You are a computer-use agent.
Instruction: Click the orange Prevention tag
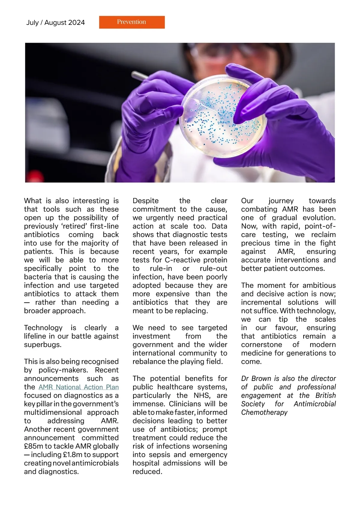click(x=132, y=22)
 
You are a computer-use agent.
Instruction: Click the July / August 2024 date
click(x=55, y=23)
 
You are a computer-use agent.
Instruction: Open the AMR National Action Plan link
click(x=79, y=387)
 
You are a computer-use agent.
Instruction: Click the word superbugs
click(x=43, y=345)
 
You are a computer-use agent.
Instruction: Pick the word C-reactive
click(x=183, y=260)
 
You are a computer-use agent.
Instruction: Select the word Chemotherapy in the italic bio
click(x=264, y=412)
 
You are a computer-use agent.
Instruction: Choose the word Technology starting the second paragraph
click(x=43, y=328)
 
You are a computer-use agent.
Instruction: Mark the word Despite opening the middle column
click(x=145, y=201)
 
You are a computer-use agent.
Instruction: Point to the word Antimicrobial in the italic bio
click(x=315, y=404)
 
